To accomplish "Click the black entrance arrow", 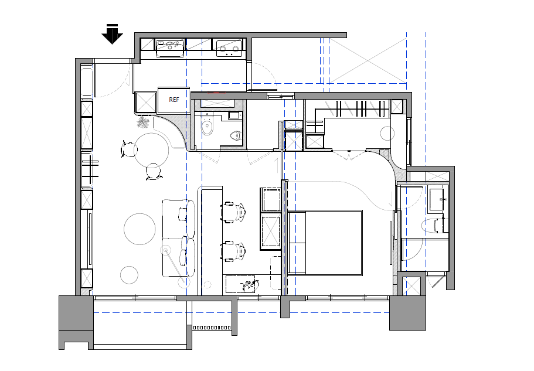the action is [112, 34].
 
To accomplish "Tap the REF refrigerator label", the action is [174, 100].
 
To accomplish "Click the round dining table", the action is [151, 150].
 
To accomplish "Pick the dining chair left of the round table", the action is [128, 149].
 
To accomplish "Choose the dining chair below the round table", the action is [153, 172].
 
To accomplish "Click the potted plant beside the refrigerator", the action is [144, 122].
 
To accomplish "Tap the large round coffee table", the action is [140, 229].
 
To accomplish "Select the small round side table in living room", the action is [129, 275].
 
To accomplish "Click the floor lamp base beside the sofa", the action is [166, 250].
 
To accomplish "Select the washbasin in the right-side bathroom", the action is [438, 199].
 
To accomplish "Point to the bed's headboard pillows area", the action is [297, 243].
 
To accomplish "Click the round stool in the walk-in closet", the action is [387, 133].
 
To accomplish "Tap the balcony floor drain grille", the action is [212, 328].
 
